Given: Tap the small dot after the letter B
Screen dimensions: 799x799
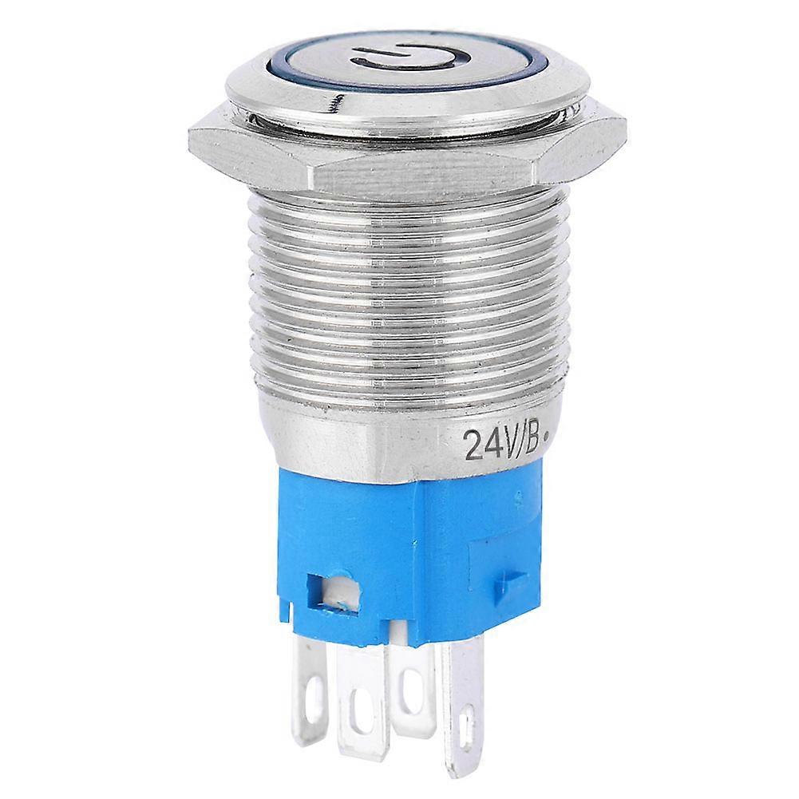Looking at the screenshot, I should tap(553, 437).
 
